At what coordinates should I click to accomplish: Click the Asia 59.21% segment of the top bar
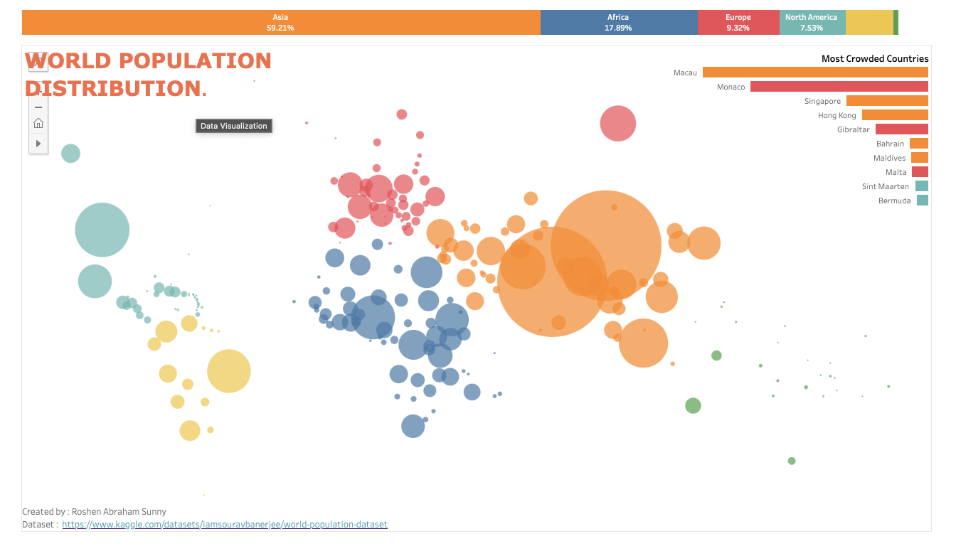pyautogui.click(x=281, y=22)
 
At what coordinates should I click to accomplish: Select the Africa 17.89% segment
pyautogui.click(x=619, y=22)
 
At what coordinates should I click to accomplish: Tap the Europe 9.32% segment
pyautogui.click(x=738, y=22)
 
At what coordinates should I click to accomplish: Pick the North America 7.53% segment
pyautogui.click(x=812, y=22)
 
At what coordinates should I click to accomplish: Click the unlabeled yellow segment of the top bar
pyautogui.click(x=869, y=22)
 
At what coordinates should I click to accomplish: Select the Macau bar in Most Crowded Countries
pyautogui.click(x=815, y=72)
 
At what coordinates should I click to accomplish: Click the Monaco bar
pyautogui.click(x=839, y=87)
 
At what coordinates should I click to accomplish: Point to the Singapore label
pyautogui.click(x=822, y=101)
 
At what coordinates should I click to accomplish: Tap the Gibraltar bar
pyautogui.click(x=902, y=129)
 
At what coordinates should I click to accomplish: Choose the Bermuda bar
pyautogui.click(x=923, y=200)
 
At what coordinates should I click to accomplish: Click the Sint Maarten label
pyautogui.click(x=885, y=186)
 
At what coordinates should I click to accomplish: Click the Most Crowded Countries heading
pyautogui.click(x=875, y=58)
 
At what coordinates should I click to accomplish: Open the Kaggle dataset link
pyautogui.click(x=225, y=524)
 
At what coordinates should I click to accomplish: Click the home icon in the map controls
pyautogui.click(x=38, y=123)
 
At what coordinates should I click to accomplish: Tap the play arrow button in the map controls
pyautogui.click(x=38, y=144)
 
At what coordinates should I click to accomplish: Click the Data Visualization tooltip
pyautogui.click(x=234, y=126)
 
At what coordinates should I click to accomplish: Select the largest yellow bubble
pyautogui.click(x=229, y=371)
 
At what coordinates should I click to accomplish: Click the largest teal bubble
pyautogui.click(x=102, y=230)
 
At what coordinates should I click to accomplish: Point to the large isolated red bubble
pyautogui.click(x=618, y=123)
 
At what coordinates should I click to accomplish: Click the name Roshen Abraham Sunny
pyautogui.click(x=119, y=511)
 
